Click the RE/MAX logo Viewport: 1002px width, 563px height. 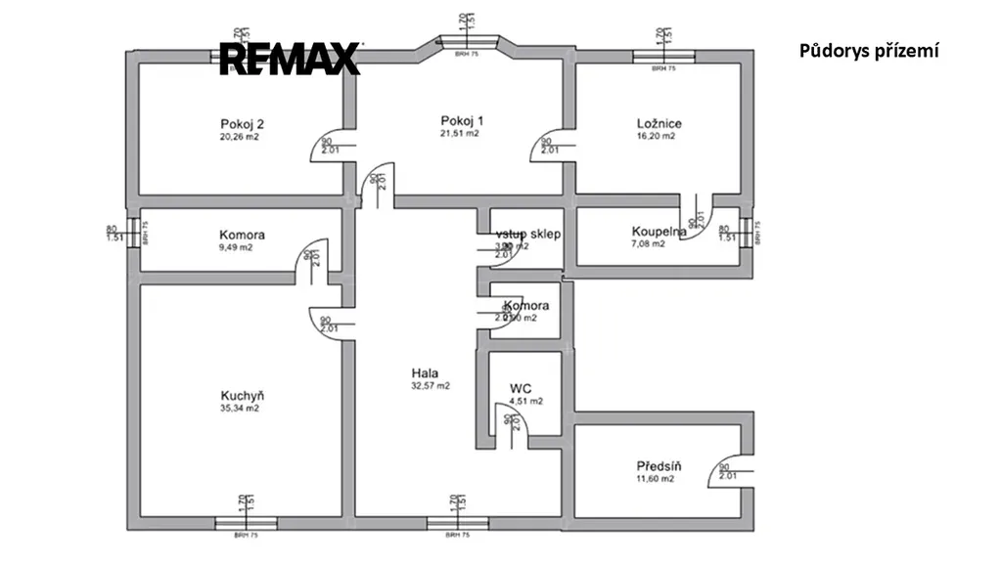290,59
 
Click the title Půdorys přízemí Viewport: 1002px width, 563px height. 869,51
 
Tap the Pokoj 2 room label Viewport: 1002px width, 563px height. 243,124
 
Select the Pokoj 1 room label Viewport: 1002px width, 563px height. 462,120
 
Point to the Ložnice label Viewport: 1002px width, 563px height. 659,124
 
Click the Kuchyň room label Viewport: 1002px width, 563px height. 243,396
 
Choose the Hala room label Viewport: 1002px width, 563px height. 425,372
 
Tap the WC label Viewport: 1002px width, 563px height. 520,388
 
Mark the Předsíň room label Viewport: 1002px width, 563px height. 659,466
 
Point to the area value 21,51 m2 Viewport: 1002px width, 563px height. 461,134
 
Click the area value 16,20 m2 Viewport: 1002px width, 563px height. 656,137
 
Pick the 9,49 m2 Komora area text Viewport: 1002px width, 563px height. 236,248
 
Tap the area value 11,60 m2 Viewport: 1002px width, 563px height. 656,479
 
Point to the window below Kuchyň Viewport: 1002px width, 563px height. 241,523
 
